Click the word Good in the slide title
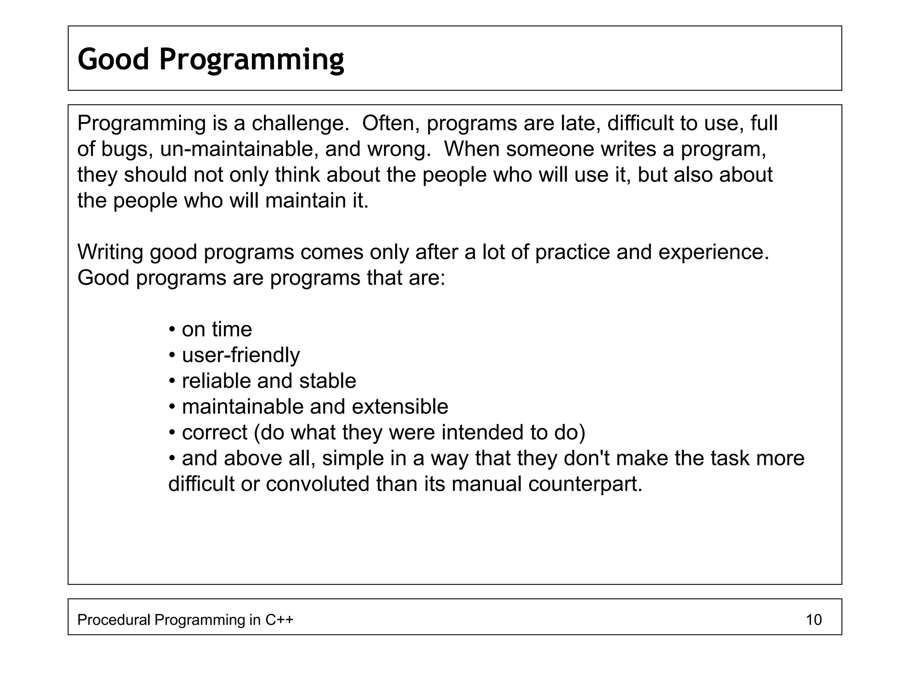(x=113, y=59)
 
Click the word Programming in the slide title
(x=251, y=60)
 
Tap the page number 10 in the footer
(x=814, y=619)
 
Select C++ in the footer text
(x=279, y=619)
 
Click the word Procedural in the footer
(x=114, y=619)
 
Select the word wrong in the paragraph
(x=399, y=149)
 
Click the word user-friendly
(x=241, y=355)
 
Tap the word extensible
(x=400, y=407)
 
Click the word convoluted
(x=317, y=484)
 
